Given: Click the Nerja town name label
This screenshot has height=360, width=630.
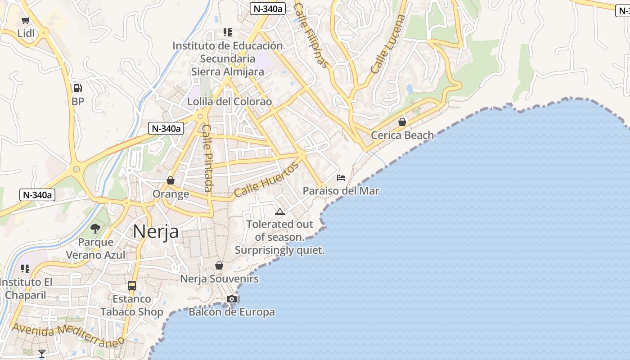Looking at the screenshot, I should [156, 232].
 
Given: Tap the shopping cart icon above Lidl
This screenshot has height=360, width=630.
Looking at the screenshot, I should [26, 21].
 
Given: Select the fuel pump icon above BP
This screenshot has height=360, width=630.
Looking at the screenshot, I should [78, 89].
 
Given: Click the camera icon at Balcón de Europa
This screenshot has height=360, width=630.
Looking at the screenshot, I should [232, 299].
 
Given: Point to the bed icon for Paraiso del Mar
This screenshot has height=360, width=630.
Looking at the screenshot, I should [341, 178].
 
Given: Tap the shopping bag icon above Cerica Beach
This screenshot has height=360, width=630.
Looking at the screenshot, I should [402, 122].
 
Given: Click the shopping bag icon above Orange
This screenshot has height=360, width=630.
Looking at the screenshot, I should [171, 181].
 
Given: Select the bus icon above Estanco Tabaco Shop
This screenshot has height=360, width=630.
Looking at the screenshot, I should [132, 286].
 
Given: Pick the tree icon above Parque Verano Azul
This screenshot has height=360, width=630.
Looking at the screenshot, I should [95, 229].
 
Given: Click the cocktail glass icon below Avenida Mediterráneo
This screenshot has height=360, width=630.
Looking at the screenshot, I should [42, 354].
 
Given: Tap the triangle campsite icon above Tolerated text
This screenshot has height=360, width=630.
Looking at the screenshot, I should [280, 211].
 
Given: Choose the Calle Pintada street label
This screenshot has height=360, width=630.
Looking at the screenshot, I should [207, 158].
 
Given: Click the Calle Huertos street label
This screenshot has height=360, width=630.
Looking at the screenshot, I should [266, 180].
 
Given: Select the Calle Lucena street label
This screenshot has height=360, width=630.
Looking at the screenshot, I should [388, 44].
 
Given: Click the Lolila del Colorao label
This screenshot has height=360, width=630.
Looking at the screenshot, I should [229, 102].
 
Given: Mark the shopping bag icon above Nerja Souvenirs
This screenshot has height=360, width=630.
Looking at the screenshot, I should [219, 266].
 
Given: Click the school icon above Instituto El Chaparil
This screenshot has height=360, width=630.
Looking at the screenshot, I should [25, 269].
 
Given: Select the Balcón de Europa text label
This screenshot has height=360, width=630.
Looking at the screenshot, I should [231, 312].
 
